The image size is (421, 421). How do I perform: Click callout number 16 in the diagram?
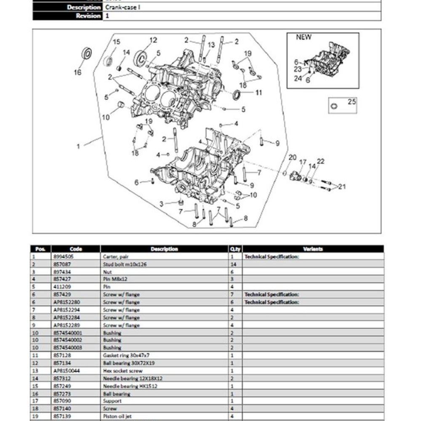click(77, 72)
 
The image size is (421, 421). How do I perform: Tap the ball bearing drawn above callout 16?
click(87, 54)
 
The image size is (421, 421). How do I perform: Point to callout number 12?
click(153, 40)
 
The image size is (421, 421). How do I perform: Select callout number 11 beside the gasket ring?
click(258, 93)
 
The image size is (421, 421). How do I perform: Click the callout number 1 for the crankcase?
click(78, 147)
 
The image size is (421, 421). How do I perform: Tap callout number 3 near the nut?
click(161, 204)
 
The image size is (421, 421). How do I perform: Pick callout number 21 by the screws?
click(342, 187)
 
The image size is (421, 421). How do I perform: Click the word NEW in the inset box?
click(304, 37)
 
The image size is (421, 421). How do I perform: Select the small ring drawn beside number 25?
click(335, 106)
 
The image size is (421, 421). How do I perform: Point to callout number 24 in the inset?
click(298, 78)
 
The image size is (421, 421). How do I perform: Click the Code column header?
click(76, 249)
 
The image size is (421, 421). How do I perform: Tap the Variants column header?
click(313, 249)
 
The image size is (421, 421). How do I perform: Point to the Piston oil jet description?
click(117, 416)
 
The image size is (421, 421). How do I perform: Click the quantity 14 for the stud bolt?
click(234, 264)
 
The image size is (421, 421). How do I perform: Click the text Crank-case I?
click(123, 8)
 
